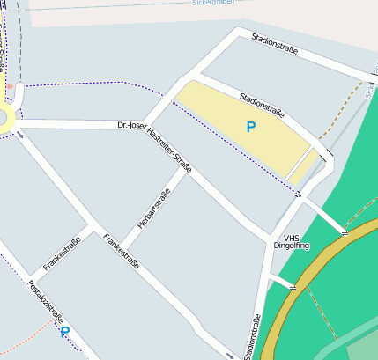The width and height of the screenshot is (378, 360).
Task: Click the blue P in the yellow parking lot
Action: click(x=251, y=128)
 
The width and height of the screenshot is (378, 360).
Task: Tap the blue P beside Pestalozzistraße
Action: click(x=64, y=331)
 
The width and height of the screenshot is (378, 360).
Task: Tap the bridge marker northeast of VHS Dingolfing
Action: click(x=345, y=231)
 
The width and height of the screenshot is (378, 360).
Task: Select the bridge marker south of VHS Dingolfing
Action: click(x=293, y=285)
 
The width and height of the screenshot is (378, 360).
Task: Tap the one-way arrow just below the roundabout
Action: click(x=19, y=135)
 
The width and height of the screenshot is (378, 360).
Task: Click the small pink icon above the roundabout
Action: click(x=10, y=87)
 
